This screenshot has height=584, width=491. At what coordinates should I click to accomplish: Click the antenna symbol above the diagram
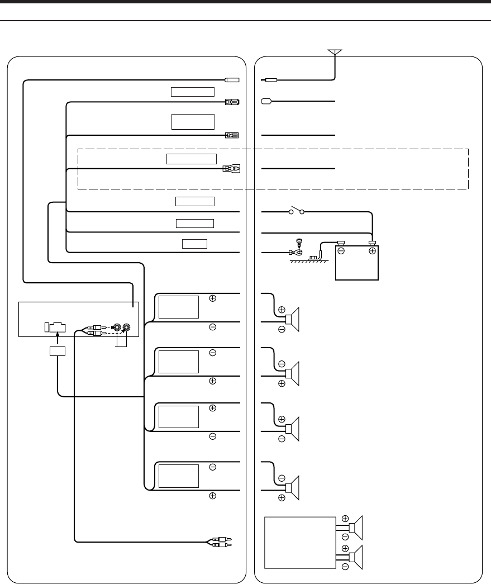[335, 53]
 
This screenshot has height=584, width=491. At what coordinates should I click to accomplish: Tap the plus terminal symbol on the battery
[371, 251]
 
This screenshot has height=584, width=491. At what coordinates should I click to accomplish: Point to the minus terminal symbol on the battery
[341, 251]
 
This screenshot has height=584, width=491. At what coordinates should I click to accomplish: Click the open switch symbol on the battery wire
[295, 212]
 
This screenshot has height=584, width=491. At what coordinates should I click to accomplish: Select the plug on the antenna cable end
[267, 80]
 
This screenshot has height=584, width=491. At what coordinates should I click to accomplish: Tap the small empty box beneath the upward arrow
[57, 352]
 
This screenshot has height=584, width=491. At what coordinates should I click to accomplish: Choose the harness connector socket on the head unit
[55, 327]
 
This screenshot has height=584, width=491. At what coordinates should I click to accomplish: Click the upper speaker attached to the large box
[356, 526]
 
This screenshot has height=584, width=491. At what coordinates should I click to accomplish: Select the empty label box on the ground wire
[194, 243]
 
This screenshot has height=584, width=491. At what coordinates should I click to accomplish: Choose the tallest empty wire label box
[193, 121]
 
